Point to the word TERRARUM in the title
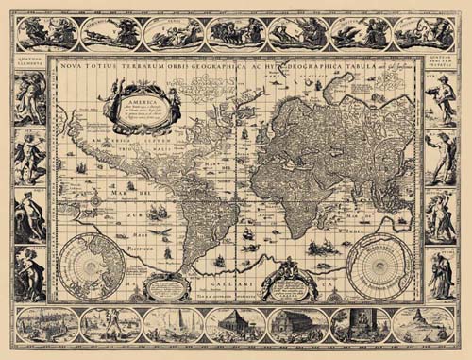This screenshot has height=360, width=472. click(x=145, y=67)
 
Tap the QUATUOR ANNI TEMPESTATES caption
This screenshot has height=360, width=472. click(x=441, y=66)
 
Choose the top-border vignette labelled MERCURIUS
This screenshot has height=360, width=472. click(x=110, y=33)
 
